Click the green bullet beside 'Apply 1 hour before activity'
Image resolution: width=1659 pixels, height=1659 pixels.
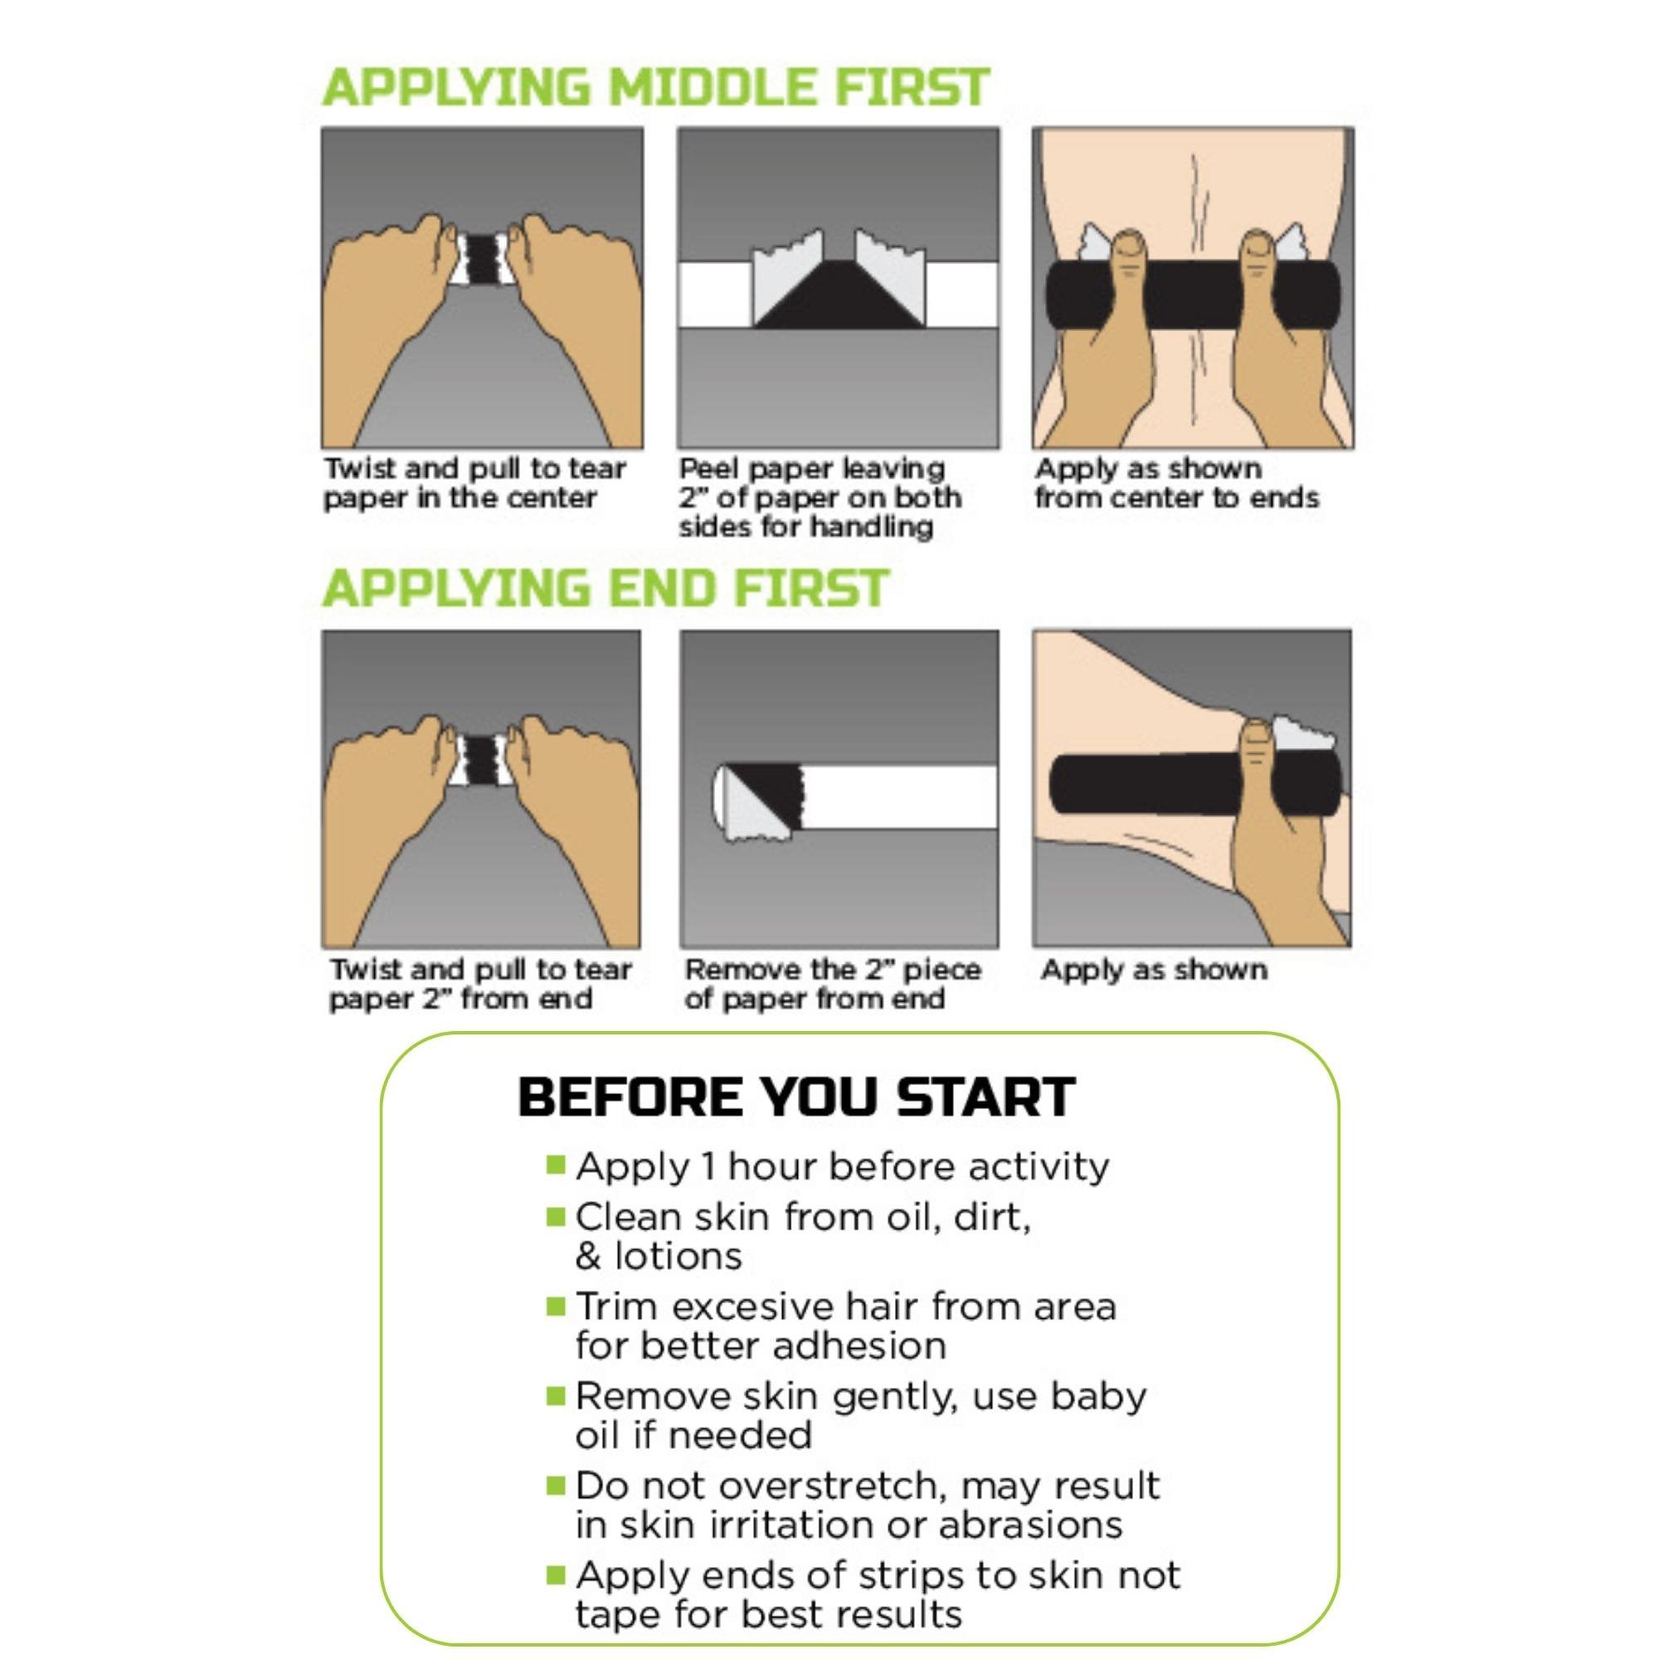pyautogui.click(x=556, y=1165)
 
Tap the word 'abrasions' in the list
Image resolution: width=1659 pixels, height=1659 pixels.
pyautogui.click(x=1029, y=1525)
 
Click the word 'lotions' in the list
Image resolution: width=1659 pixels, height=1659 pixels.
pyautogui.click(x=678, y=1256)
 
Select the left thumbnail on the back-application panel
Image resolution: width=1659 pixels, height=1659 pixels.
pyautogui.click(x=1129, y=246)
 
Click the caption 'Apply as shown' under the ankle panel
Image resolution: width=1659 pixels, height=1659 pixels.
pyautogui.click(x=1153, y=971)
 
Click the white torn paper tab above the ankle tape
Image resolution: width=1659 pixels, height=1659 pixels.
pyautogui.click(x=1301, y=732)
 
